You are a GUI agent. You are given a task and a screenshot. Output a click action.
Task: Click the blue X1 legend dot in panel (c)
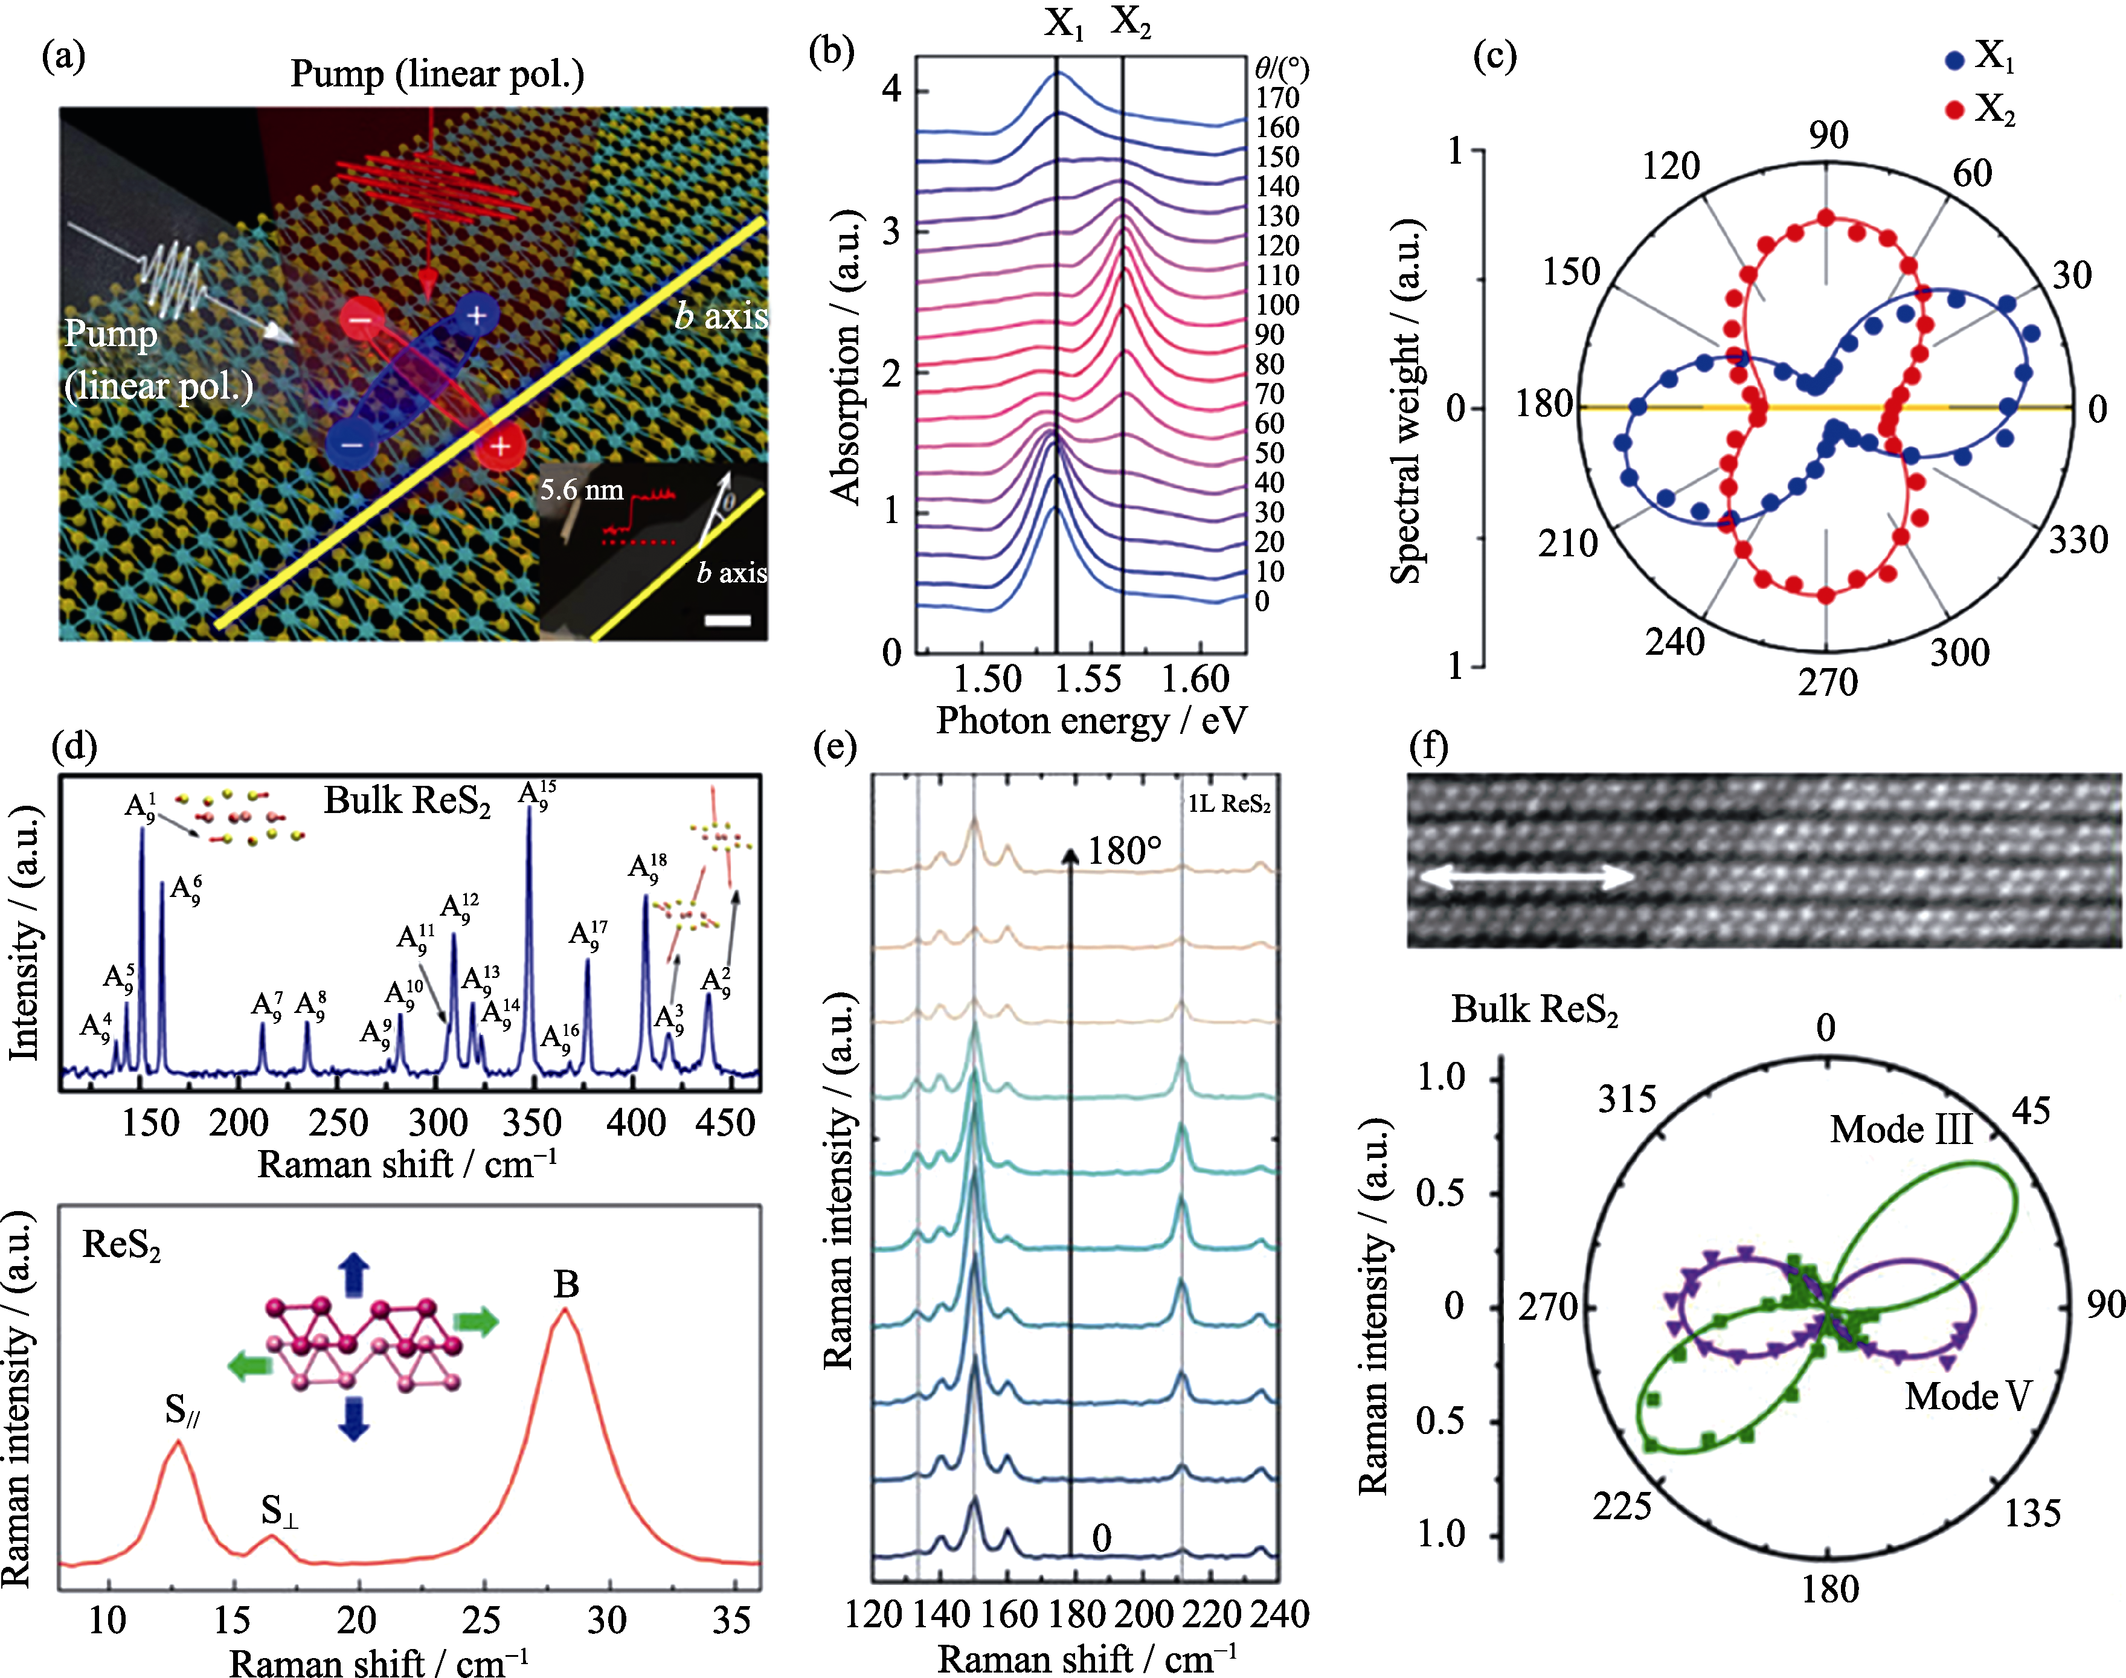point(1954,60)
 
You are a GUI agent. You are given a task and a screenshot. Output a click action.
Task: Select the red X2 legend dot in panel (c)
point(1954,110)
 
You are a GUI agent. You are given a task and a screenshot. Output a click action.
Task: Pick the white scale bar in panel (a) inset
point(728,620)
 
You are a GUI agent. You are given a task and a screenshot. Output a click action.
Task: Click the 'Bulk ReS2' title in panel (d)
point(406,802)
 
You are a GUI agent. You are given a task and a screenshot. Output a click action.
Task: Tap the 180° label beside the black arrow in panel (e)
point(1124,851)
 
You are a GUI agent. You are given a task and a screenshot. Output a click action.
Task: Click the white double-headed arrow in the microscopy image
point(1525,877)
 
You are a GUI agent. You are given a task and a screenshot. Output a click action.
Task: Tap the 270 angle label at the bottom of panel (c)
point(1828,682)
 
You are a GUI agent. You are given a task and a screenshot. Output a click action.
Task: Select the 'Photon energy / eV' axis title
point(1091,721)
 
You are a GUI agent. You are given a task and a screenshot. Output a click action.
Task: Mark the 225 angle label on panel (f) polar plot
point(1622,1505)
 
